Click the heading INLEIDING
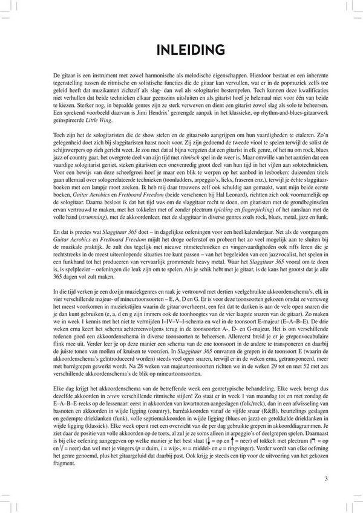coord(181,49)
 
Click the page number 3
coord(326,479)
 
